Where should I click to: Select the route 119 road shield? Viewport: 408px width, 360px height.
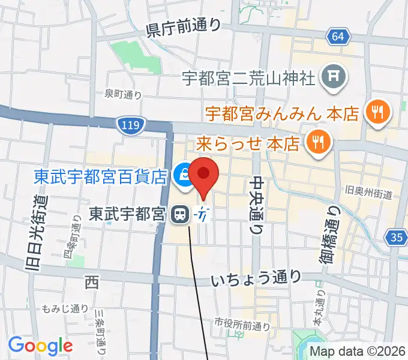(125, 125)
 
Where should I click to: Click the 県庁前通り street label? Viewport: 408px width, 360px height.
(184, 26)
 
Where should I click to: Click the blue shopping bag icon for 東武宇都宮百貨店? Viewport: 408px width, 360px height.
(181, 175)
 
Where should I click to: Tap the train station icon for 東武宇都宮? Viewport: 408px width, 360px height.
(179, 213)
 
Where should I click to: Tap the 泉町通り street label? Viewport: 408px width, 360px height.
(123, 94)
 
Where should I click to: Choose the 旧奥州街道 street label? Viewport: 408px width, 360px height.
(368, 194)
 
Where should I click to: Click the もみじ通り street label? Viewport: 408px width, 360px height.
(57, 309)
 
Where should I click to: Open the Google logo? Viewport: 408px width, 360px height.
(40, 346)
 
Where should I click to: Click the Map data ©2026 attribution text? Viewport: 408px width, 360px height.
(358, 352)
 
